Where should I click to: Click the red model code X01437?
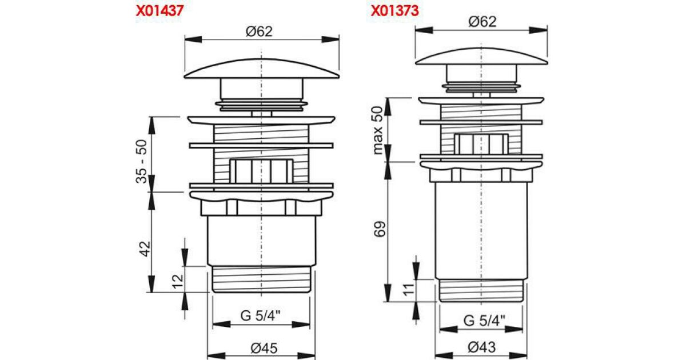coord(159,10)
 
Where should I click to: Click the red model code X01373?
coord(395,10)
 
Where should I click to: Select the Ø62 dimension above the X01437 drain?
coord(259,31)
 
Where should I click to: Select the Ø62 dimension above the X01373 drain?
coord(482,22)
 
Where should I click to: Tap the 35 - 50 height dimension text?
coord(142,161)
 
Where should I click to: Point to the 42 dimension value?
coord(145,249)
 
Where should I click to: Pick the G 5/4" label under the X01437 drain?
coord(260,315)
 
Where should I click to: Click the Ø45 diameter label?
coord(264,348)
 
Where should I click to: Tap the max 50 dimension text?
coord(378,130)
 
